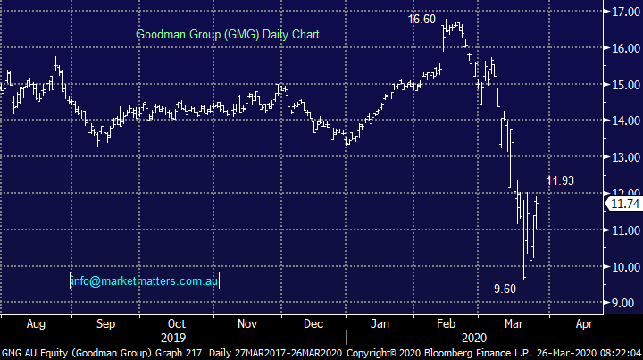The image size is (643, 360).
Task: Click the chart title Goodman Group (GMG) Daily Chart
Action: click(228, 35)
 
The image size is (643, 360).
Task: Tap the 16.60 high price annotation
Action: click(422, 19)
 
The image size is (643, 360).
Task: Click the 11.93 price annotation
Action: click(562, 181)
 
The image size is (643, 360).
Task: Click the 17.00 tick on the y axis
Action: click(625, 13)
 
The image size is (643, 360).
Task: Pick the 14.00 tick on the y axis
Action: click(625, 121)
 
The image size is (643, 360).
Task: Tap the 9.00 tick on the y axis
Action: click(625, 304)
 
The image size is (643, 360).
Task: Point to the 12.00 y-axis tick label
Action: click(625, 194)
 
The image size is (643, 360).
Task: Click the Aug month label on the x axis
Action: click(36, 323)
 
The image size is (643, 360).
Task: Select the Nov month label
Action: click(246, 323)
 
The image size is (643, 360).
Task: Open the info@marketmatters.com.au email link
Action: click(145, 281)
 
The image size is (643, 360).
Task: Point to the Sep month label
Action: click(105, 323)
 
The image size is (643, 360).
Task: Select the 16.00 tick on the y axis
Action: click(625, 49)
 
